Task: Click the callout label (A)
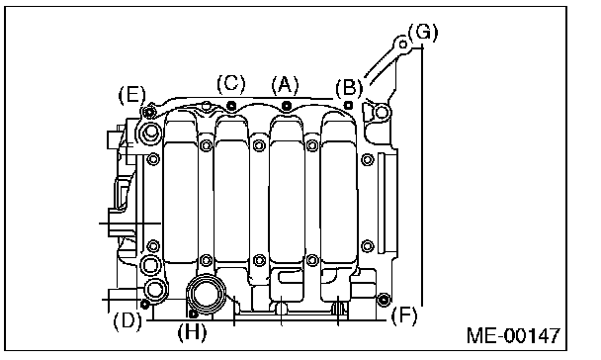(285, 85)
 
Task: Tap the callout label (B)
(349, 88)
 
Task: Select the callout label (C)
(230, 84)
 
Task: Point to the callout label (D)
(128, 320)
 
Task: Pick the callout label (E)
(131, 94)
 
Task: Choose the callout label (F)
(403, 315)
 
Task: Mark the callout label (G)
(423, 33)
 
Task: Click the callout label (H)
(192, 332)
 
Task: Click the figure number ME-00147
(513, 335)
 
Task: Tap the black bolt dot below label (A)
(287, 106)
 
